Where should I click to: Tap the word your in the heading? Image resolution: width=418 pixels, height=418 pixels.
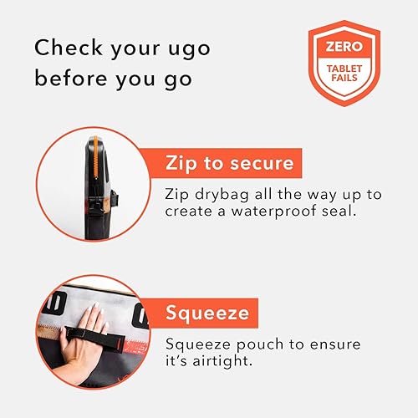click(130, 48)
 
